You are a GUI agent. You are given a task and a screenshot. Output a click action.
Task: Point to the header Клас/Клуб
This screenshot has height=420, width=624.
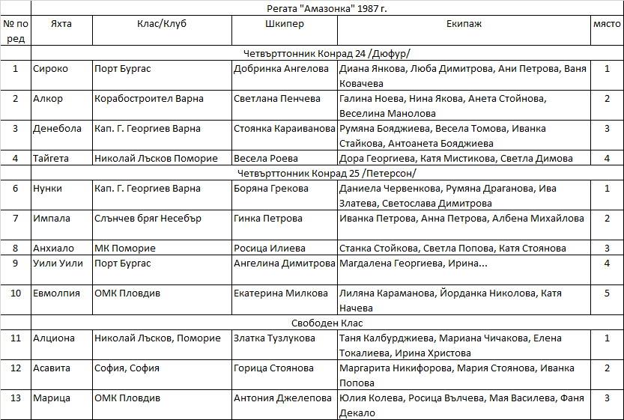click(162, 24)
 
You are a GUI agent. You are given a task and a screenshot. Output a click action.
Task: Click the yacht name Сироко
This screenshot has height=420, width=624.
click(50, 69)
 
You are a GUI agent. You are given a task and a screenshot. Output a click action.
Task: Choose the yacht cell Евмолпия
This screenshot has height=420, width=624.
click(56, 293)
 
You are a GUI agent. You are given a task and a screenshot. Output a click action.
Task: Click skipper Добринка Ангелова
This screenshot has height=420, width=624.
click(281, 69)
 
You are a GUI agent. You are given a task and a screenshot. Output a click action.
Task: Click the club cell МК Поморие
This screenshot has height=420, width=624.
click(125, 249)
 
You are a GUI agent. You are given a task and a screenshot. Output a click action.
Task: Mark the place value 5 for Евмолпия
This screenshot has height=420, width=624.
click(607, 293)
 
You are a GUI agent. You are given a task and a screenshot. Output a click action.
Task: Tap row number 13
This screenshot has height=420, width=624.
click(16, 398)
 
